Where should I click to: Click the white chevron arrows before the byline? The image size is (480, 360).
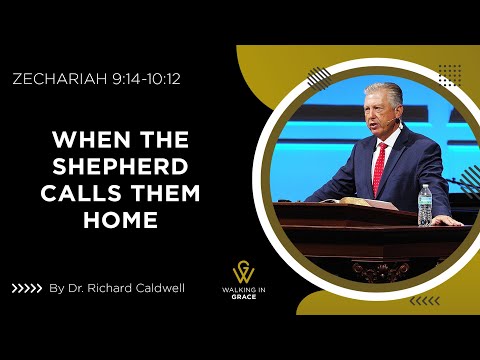click(x=26, y=289)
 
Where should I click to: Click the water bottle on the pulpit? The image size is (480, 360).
click(x=426, y=204)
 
